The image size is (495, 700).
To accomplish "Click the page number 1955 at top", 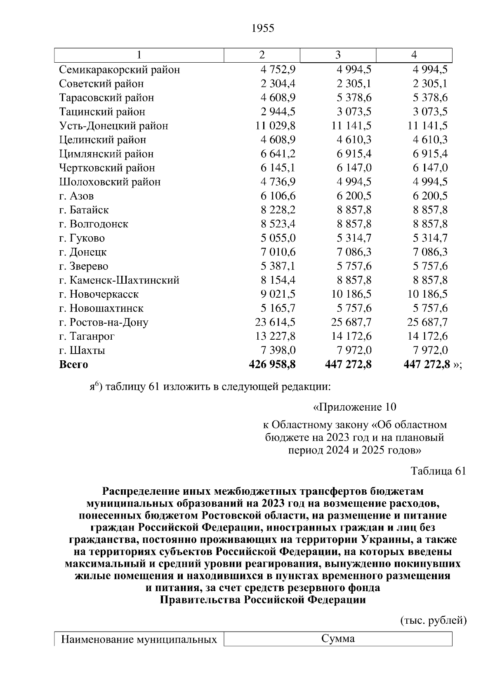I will [262, 28].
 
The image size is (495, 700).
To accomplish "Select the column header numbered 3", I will [338, 55].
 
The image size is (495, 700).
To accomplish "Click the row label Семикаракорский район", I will [120, 70].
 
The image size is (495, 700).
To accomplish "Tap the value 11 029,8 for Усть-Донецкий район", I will [275, 126].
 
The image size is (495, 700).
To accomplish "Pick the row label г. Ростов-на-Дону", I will [104, 322].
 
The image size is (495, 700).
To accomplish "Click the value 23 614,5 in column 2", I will [275, 322].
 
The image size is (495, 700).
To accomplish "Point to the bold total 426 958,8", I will [272, 364].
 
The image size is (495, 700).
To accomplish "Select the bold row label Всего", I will [73, 364].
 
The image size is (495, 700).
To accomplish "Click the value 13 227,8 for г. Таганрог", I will [275, 336].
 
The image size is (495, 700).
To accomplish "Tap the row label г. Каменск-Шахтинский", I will [119, 280].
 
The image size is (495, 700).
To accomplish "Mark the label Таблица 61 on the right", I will [438, 471].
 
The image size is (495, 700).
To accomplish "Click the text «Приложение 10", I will [355, 407].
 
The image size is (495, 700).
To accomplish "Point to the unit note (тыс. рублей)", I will [433, 621].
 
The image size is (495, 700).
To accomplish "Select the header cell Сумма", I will [338, 639].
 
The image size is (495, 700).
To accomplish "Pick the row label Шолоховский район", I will [110, 182].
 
